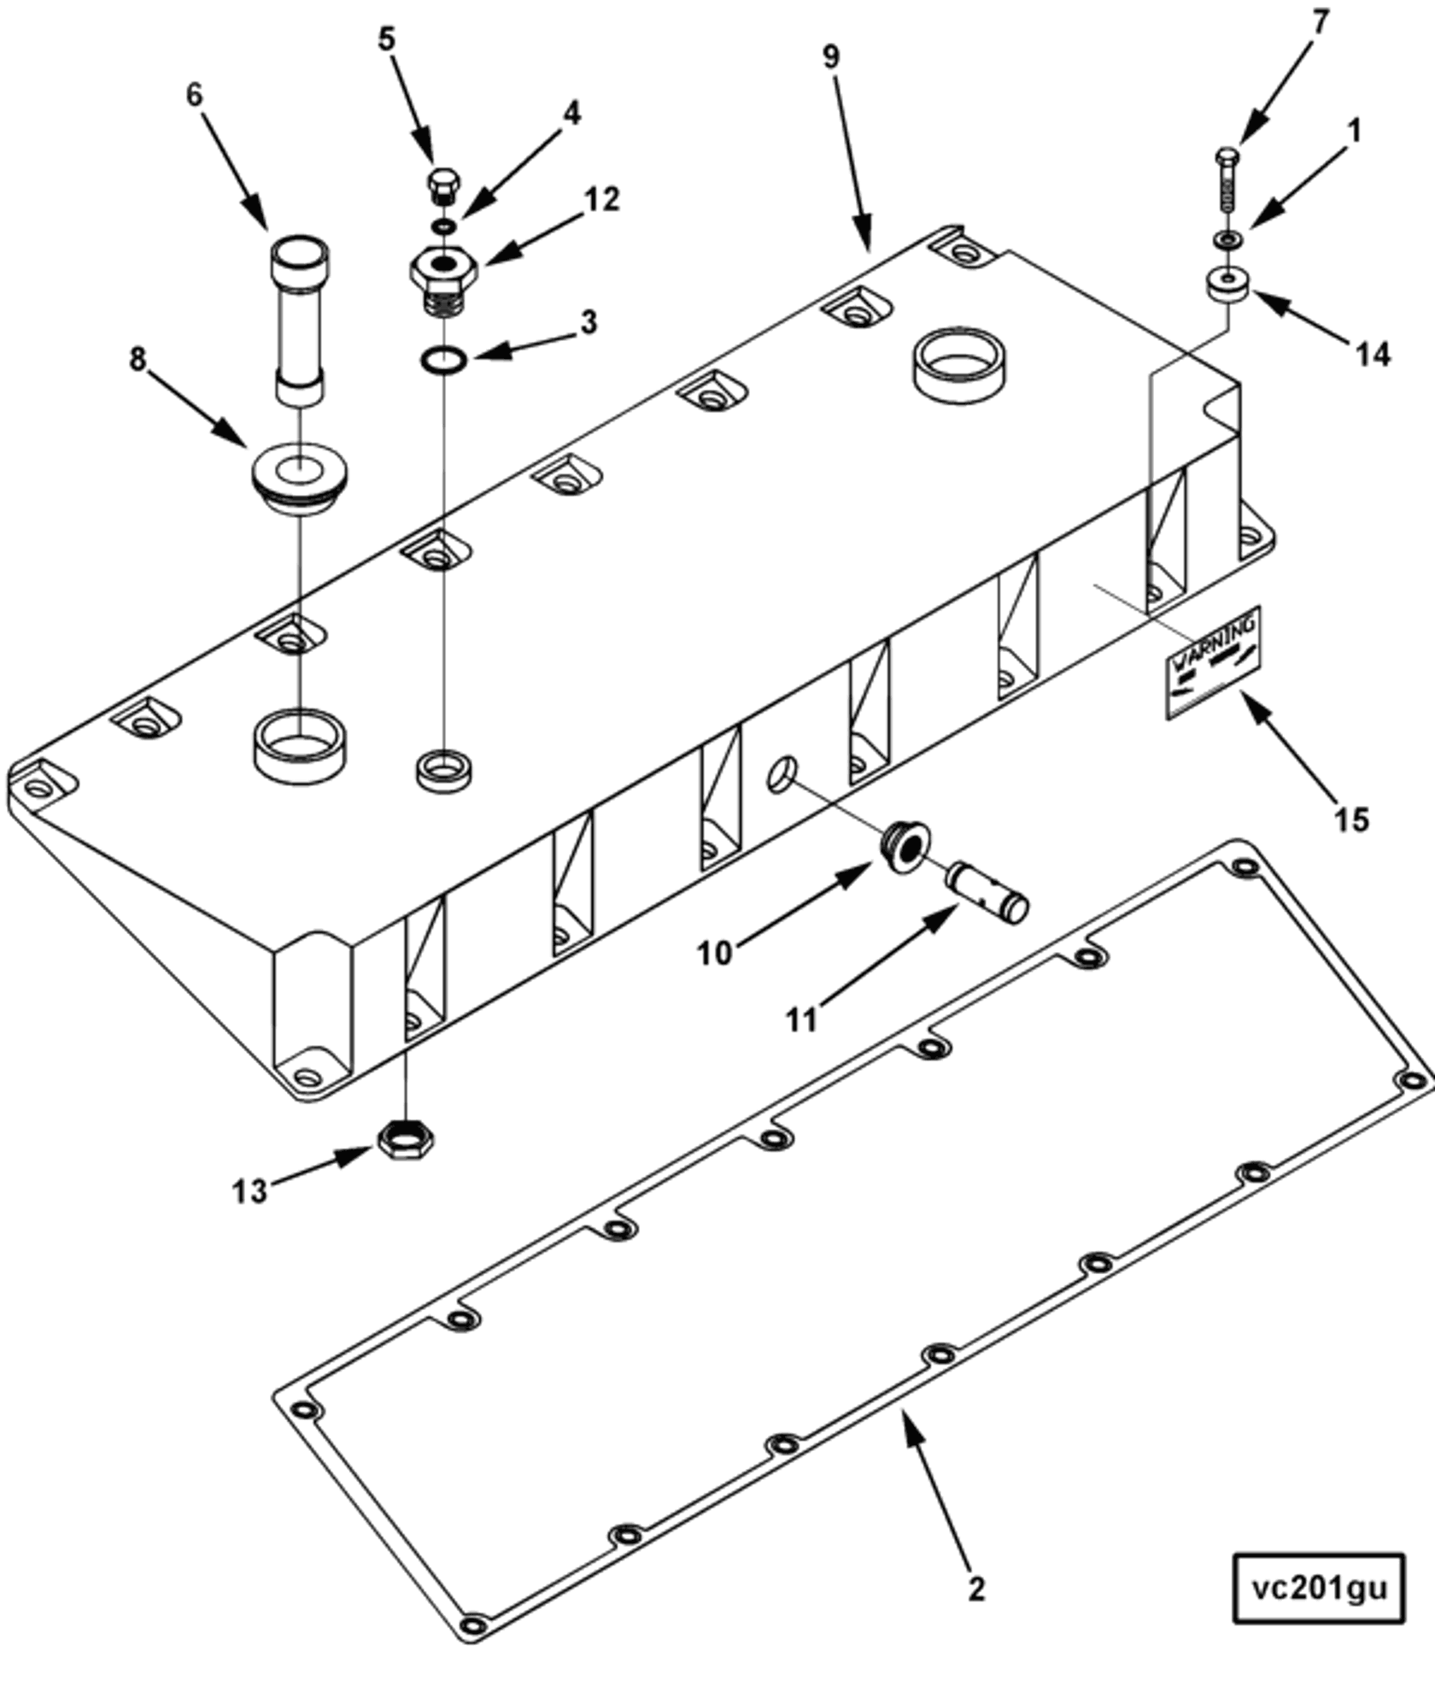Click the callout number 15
[1350, 820]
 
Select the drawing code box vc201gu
[1319, 1589]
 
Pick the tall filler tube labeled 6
[299, 320]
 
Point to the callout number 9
[830, 56]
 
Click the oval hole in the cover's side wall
[782, 772]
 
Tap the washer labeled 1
[1227, 238]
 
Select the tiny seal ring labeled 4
[442, 226]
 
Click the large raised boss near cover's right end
[961, 362]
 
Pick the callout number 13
[249, 1190]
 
